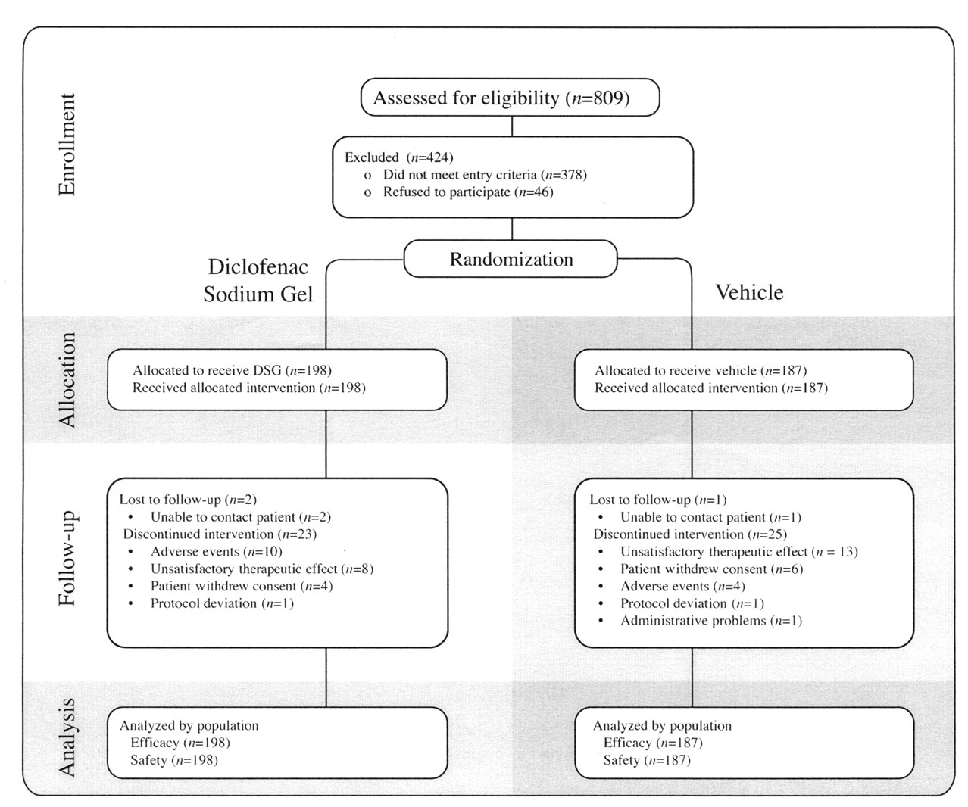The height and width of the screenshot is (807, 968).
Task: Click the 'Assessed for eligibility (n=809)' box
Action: pyautogui.click(x=510, y=98)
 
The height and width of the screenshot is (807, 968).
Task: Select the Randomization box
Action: pyautogui.click(x=511, y=259)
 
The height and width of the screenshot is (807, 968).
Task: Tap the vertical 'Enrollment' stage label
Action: pyautogui.click(x=67, y=145)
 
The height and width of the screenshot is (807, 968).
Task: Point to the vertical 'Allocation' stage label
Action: pyautogui.click(x=67, y=379)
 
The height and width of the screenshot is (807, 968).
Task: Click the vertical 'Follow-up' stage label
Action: pyautogui.click(x=67, y=559)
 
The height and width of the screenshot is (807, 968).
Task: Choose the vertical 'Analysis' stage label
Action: pyautogui.click(x=67, y=737)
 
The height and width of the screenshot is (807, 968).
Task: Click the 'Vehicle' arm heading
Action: pyautogui.click(x=749, y=292)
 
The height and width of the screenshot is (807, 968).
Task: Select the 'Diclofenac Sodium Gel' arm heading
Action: pyautogui.click(x=258, y=280)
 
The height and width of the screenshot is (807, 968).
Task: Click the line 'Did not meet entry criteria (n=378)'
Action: pyautogui.click(x=485, y=175)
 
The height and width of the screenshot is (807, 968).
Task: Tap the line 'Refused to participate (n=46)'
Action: pyautogui.click(x=468, y=192)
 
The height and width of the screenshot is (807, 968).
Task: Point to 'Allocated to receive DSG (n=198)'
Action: pyautogui.click(x=233, y=370)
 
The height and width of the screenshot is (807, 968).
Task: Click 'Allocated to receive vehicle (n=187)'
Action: pyautogui.click(x=701, y=371)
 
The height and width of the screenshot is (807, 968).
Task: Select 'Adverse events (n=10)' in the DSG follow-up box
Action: pyautogui.click(x=217, y=552)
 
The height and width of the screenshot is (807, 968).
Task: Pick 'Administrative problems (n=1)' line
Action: pyautogui.click(x=711, y=621)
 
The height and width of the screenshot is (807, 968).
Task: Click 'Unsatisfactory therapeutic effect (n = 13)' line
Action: pyautogui.click(x=739, y=552)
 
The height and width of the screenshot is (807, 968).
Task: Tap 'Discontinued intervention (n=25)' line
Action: pyautogui.click(x=690, y=534)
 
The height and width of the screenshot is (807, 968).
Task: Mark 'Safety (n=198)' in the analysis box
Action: pyautogui.click(x=174, y=760)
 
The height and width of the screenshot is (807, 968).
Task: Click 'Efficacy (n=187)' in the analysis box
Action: pyautogui.click(x=653, y=743)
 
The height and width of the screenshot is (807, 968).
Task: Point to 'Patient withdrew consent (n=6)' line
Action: pyautogui.click(x=712, y=569)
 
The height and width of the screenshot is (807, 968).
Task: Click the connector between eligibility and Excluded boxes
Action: pyautogui.click(x=512, y=126)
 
